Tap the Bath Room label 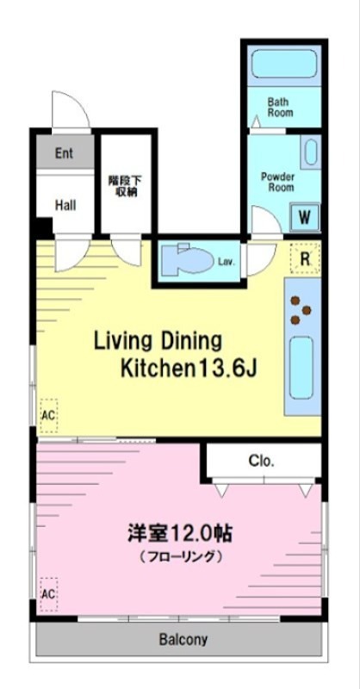coord(280,107)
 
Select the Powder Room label coord(277,182)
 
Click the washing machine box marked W coord(305,217)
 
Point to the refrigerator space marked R coord(305,258)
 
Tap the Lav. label coord(227,262)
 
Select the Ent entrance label coord(64,153)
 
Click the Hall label coord(65,205)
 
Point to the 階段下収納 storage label coord(125,186)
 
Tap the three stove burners coord(301,310)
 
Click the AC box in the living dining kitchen coord(48,415)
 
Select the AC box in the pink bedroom coord(48,594)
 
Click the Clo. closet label coord(262,461)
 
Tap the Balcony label coord(183,638)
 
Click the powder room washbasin coord(311,152)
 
